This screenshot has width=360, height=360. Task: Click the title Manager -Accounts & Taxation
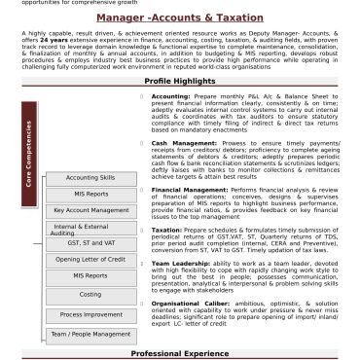coord(180,17)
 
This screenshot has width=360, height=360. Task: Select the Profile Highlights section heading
coord(180,82)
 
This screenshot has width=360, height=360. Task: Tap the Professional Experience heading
coord(180,353)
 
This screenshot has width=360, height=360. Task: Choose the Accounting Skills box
coord(90,178)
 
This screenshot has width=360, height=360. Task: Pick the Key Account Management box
coord(90,210)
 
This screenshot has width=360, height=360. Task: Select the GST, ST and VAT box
coord(90,242)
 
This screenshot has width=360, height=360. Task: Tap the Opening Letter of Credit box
coord(90,260)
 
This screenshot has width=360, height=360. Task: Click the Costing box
coord(90,294)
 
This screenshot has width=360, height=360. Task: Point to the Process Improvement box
coord(90,314)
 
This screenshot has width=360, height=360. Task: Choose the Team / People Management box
coord(90,334)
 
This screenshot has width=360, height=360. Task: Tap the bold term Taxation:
coord(195,231)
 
